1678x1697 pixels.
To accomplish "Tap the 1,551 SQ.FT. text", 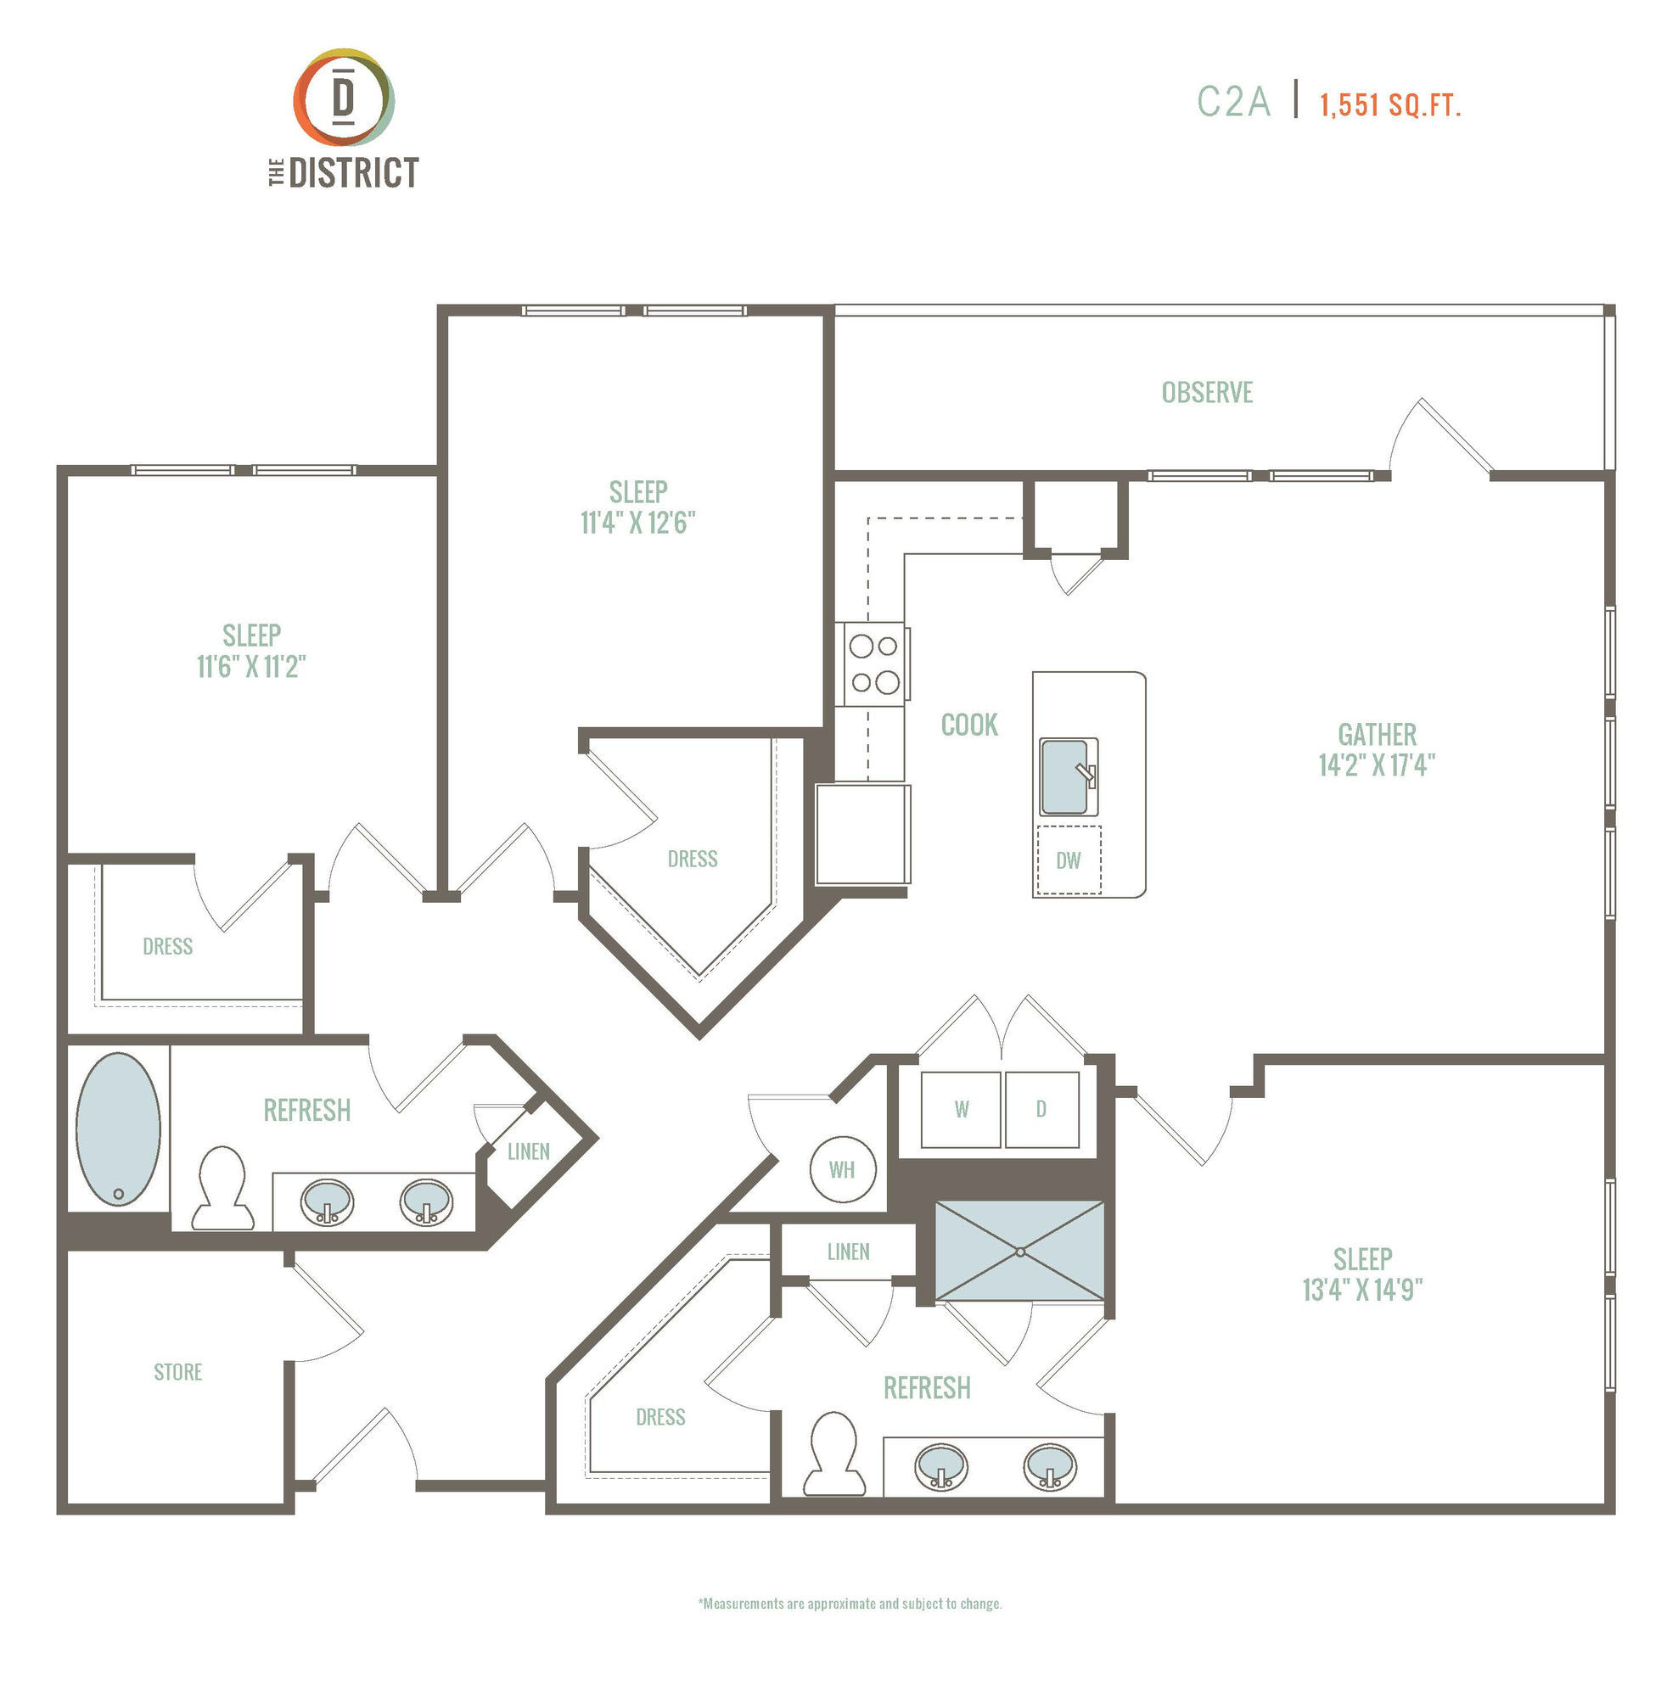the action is coord(1389,105).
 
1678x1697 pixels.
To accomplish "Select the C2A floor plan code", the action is coord(1233,102).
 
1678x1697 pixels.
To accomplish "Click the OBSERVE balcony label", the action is coord(1207,392).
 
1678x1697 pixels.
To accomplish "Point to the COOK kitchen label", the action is coord(969,725).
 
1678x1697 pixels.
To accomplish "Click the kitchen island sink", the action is coord(1069,776).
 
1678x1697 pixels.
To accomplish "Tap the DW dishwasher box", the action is coord(1069,860).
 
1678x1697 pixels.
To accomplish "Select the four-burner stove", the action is coord(874,664).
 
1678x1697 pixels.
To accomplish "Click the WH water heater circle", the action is coord(842,1169).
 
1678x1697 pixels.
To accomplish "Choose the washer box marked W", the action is coord(961,1109).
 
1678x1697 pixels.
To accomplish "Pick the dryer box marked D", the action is coord(1042,1109).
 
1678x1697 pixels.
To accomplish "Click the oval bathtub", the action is coord(119,1129).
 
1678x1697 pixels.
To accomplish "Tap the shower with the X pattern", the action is coord(1019,1250).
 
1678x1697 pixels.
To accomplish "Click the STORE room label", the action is coord(178,1372).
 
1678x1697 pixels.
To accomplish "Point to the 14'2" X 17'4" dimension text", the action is coord(1377,765).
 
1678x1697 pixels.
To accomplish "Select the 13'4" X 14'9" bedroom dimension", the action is coord(1362,1290).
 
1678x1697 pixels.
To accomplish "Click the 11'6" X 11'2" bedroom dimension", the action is coord(251,667).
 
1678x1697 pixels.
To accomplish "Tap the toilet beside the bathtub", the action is coord(222,1189).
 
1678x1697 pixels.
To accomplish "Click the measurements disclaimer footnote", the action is coord(850,1603).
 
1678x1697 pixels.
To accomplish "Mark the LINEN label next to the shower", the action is coord(849,1252).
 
